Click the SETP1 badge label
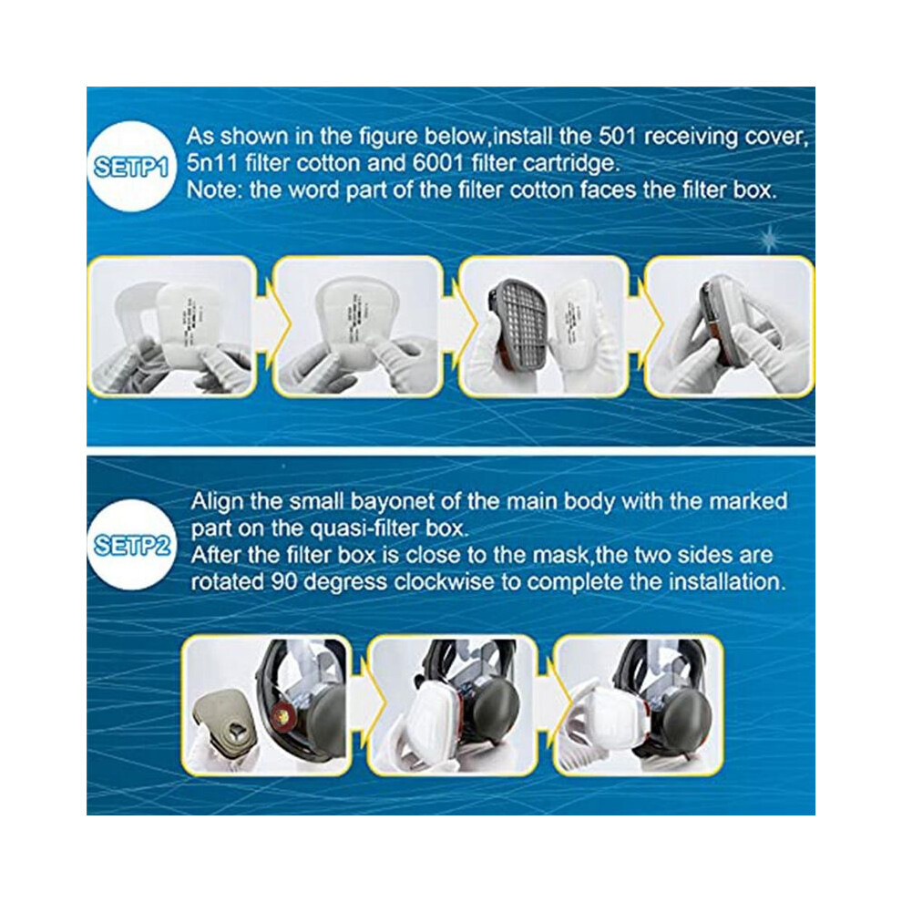(x=130, y=167)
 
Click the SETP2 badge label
(x=132, y=546)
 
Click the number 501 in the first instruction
(x=617, y=137)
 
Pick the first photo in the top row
(x=172, y=327)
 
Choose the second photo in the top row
(x=358, y=327)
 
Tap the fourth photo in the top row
(x=729, y=327)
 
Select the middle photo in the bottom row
(x=453, y=705)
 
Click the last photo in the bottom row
(x=638, y=705)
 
